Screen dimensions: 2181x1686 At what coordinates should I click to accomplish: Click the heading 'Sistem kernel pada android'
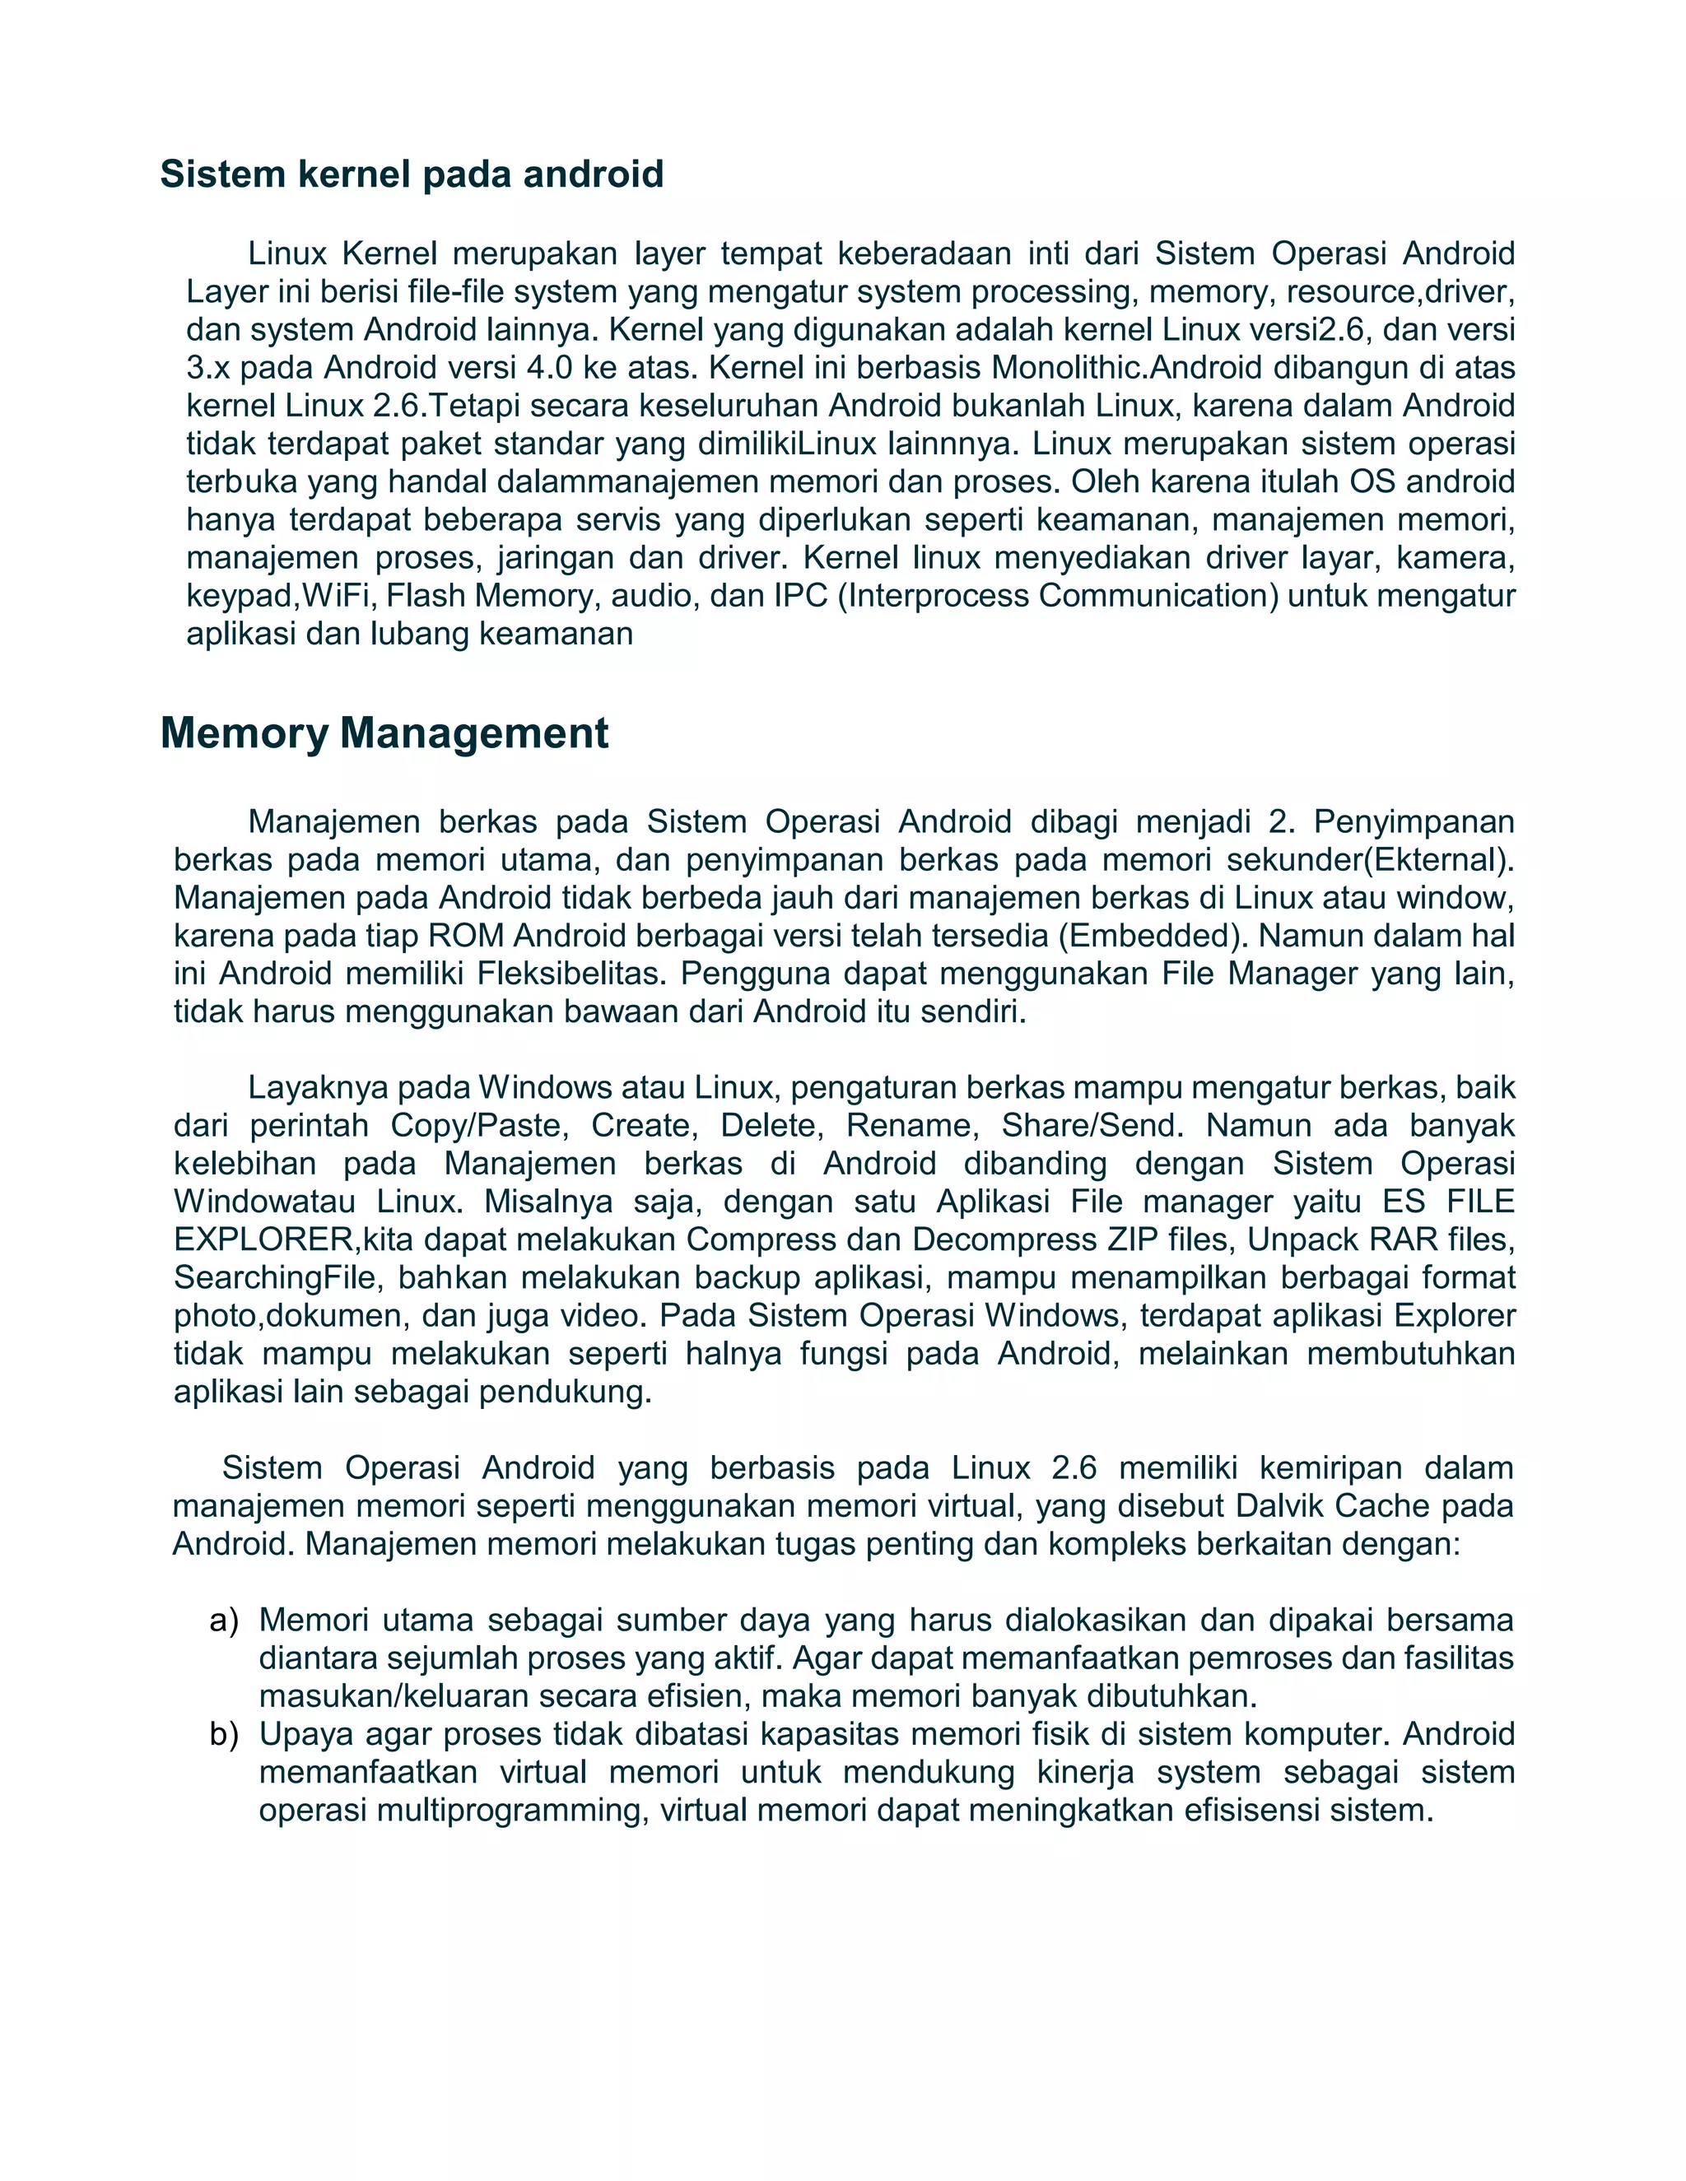pyautogui.click(x=412, y=174)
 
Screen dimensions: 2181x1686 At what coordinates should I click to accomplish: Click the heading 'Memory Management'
pyautogui.click(x=384, y=733)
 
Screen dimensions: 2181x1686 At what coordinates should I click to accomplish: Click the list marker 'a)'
pyautogui.click(x=224, y=1621)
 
